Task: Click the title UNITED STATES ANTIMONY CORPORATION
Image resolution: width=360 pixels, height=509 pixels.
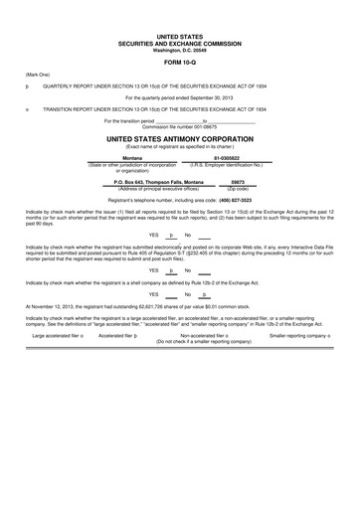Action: [179, 139]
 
